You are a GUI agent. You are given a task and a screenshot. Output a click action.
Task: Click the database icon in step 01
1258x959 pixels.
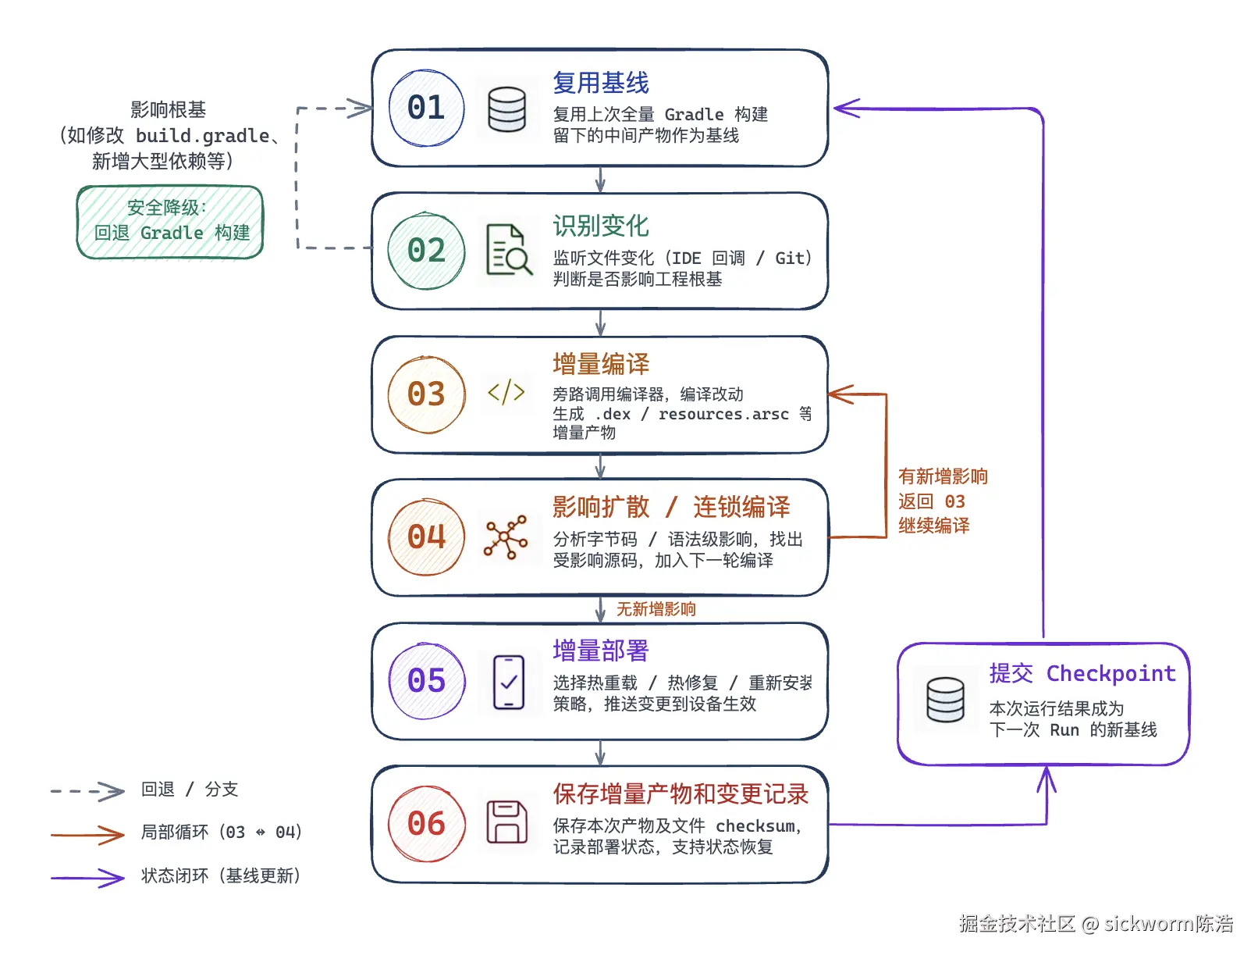[x=506, y=109]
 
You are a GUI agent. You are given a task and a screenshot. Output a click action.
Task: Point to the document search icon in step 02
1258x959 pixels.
[x=508, y=249]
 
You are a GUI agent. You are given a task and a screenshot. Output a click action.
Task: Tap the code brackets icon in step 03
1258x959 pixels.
[x=506, y=392]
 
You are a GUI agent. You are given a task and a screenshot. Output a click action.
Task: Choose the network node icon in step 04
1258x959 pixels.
[x=505, y=537]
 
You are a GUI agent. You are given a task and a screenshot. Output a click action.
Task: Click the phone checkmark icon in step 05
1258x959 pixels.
[x=508, y=682]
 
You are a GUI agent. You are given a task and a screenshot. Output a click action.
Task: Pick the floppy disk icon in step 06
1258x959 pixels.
[x=506, y=822]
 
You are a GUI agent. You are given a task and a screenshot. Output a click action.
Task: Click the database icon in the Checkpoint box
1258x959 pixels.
[x=944, y=700]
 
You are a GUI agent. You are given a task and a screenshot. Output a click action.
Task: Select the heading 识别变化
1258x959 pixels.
[x=600, y=226]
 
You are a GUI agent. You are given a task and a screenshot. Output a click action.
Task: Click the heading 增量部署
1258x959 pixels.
[x=600, y=651]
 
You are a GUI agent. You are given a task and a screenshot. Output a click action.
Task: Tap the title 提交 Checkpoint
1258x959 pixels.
[x=1082, y=673]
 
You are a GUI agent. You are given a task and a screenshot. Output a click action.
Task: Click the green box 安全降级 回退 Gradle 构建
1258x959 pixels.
[x=169, y=222]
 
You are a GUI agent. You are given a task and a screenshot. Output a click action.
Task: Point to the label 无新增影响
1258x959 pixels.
[x=656, y=609]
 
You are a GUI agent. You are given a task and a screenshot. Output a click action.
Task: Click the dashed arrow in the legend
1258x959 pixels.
[x=87, y=791]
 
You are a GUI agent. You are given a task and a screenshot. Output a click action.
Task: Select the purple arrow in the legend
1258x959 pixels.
[x=87, y=878]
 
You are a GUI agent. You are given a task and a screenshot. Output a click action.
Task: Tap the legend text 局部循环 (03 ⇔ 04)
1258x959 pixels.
[x=221, y=832]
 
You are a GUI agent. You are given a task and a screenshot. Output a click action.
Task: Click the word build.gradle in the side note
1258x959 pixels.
[x=202, y=136]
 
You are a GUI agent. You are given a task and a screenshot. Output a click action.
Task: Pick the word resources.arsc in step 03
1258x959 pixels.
[x=723, y=414]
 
